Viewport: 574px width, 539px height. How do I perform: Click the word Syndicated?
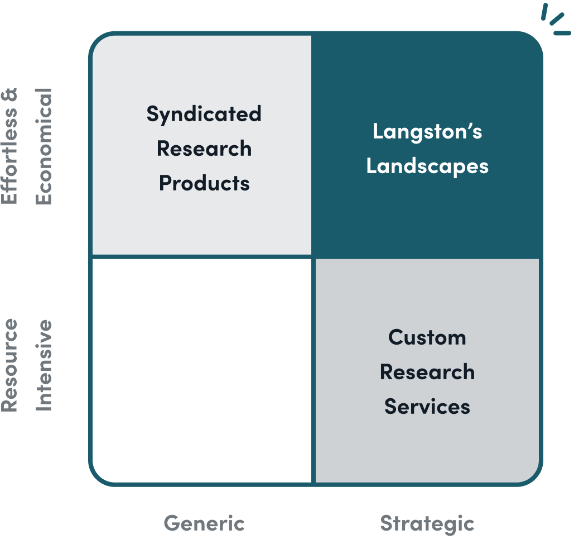[x=204, y=114]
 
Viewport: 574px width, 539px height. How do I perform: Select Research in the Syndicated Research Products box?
[x=204, y=149]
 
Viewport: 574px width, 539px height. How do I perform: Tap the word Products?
[x=204, y=183]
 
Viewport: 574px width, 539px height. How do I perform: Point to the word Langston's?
[x=427, y=132]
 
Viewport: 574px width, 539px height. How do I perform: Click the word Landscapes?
[x=427, y=166]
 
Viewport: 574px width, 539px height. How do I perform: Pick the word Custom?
[x=427, y=337]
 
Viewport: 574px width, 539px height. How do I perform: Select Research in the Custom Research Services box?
[x=427, y=372]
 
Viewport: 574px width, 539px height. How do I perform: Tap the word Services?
[x=427, y=407]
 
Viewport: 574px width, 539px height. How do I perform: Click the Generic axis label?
[x=204, y=523]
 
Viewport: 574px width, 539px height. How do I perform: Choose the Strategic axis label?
[x=427, y=523]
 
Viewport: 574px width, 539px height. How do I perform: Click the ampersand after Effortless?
[x=10, y=96]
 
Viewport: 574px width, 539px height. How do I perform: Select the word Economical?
[x=44, y=146]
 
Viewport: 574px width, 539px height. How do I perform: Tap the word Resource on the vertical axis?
[x=10, y=365]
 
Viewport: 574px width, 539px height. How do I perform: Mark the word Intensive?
[x=44, y=365]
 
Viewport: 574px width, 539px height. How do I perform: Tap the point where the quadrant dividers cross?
[x=313, y=257]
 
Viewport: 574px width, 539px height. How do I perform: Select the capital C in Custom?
[x=395, y=337]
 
